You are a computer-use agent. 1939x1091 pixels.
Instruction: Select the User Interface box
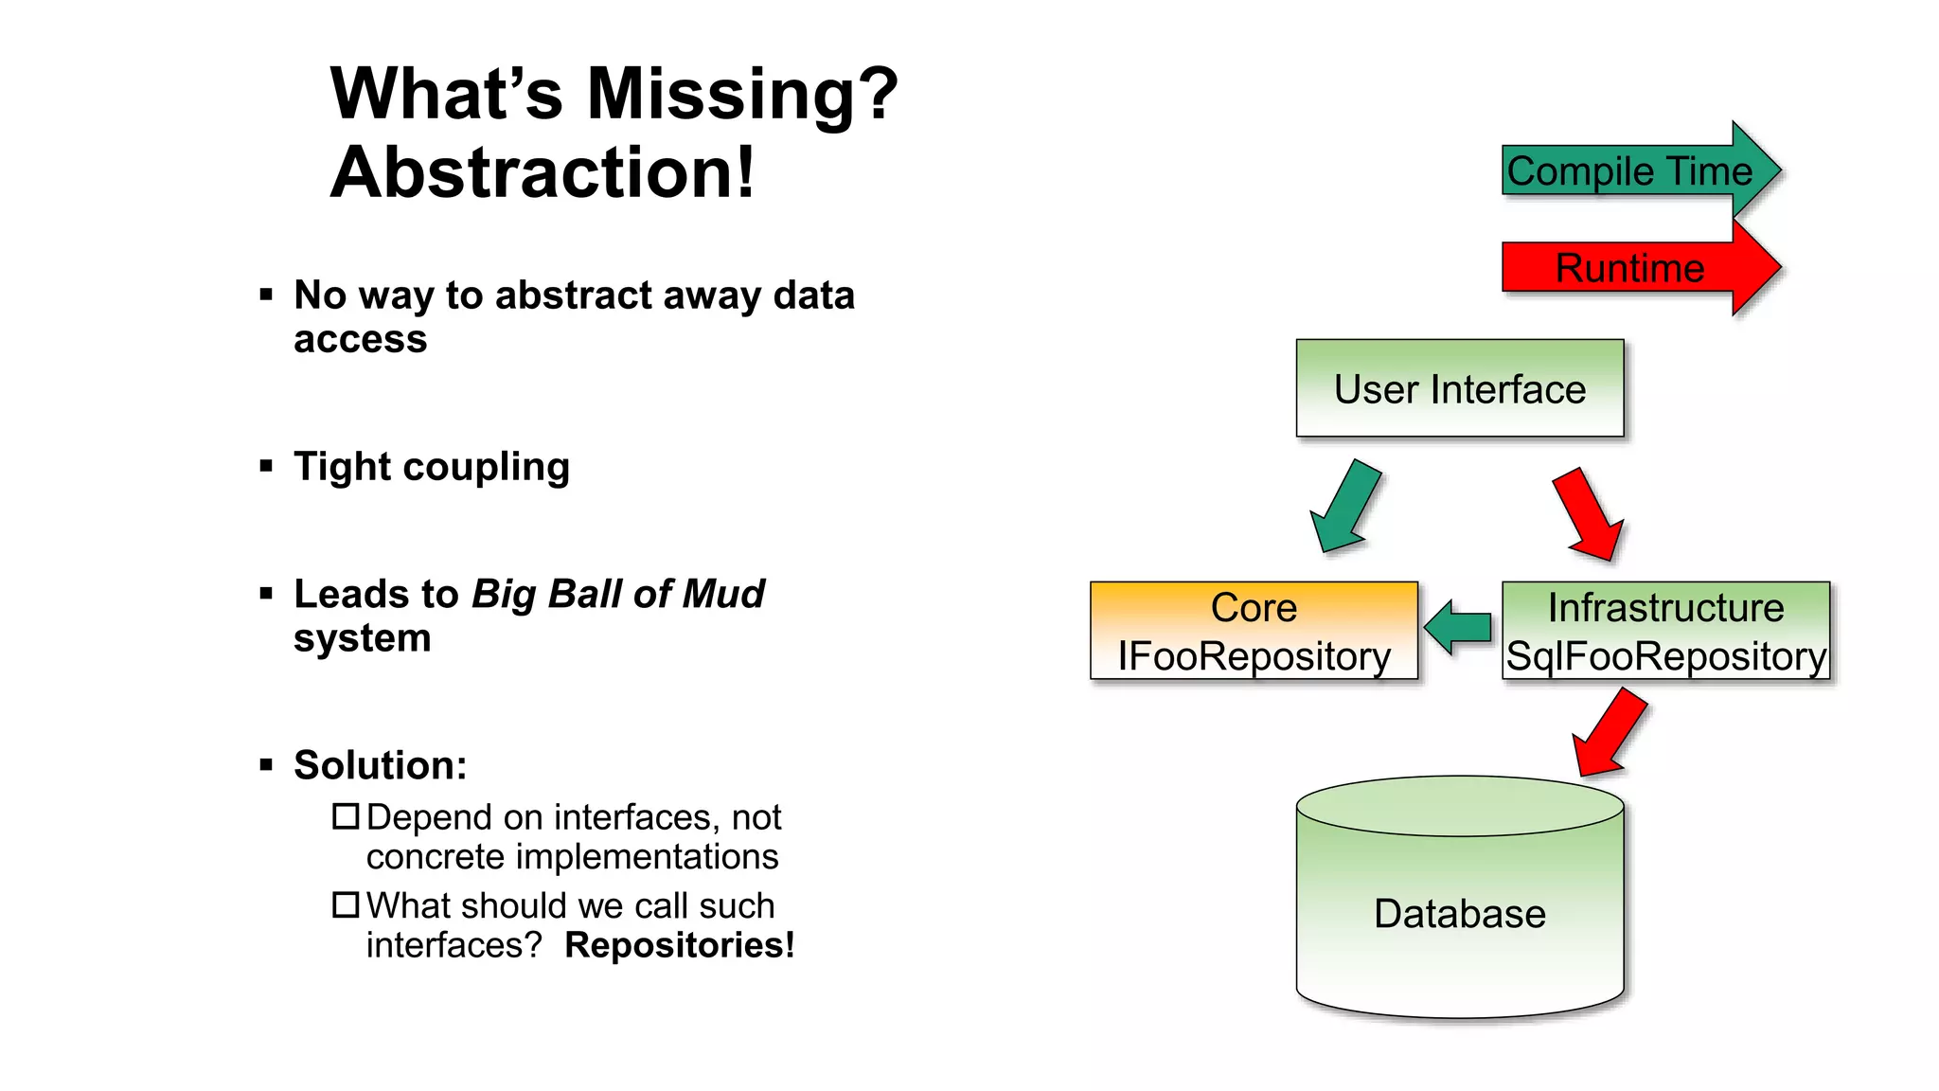(x=1459, y=388)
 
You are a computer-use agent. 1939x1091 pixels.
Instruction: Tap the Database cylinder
(x=1459, y=914)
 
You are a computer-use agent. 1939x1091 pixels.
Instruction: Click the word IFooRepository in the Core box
(x=1254, y=656)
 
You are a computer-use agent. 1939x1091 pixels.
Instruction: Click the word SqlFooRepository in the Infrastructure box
(x=1665, y=656)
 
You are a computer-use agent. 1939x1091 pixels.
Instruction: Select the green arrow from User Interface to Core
(x=1344, y=508)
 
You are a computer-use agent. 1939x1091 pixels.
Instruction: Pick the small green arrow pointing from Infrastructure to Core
(x=1458, y=627)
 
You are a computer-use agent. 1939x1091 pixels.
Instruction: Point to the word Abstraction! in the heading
(x=543, y=173)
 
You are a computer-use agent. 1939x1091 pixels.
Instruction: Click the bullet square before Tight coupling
(x=266, y=466)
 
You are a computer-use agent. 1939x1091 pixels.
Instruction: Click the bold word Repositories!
(x=679, y=945)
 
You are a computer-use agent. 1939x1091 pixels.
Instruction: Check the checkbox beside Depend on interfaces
(x=346, y=816)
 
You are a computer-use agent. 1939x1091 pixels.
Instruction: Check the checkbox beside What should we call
(x=346, y=905)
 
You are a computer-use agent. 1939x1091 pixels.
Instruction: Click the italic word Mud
(x=723, y=594)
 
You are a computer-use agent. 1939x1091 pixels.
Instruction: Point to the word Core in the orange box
(x=1254, y=607)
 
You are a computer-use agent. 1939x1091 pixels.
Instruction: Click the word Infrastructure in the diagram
(x=1665, y=607)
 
